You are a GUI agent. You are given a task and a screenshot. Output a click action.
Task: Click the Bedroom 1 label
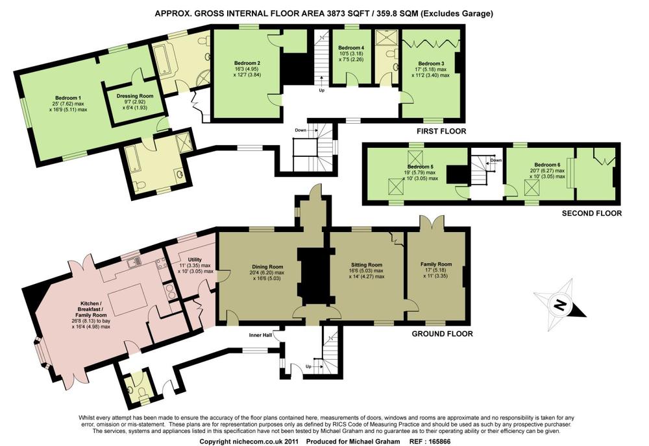pos(68,98)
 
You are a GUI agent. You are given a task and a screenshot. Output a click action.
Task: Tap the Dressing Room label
pos(135,96)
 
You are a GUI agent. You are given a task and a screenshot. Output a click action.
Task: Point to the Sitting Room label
pos(367,264)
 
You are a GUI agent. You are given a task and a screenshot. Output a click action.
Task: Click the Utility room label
pos(195,259)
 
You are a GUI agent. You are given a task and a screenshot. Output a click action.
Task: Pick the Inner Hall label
pos(260,334)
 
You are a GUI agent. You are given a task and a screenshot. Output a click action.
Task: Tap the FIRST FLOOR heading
pos(441,132)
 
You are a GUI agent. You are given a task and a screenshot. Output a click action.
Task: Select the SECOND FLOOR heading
pos(591,213)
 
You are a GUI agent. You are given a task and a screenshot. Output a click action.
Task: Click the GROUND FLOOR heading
pos(442,334)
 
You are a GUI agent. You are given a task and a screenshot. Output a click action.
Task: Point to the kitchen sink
pos(134,262)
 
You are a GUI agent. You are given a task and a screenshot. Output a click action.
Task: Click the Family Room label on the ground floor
pos(436,264)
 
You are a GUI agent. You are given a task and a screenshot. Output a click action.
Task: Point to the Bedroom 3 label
pos(432,64)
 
